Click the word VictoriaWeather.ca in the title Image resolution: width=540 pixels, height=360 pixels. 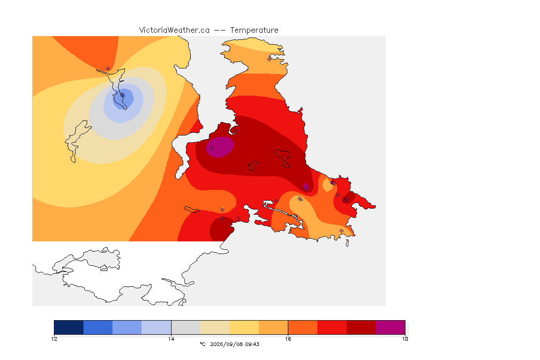point(174,30)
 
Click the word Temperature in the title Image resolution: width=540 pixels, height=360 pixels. point(254,30)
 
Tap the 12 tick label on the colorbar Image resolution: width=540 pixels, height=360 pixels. point(54,339)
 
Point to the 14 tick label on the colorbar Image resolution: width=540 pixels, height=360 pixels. point(171,339)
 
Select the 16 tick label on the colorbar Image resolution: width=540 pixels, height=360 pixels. point(288,339)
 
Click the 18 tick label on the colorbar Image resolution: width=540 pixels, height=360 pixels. point(405,339)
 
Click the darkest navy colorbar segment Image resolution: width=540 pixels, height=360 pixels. point(69,327)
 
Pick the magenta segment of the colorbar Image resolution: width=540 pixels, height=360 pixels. point(390,327)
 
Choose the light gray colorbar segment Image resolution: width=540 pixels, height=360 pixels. point(186,327)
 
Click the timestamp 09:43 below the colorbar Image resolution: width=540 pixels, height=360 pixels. point(252,344)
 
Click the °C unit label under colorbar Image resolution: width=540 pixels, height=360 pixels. point(202,344)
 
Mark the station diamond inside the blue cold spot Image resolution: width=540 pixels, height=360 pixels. point(122,95)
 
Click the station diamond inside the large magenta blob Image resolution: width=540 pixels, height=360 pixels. point(212,149)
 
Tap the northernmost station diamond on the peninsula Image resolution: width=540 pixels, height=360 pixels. point(270,59)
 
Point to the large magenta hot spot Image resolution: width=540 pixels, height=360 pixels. point(220,147)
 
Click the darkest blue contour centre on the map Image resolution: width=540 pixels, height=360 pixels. point(123,98)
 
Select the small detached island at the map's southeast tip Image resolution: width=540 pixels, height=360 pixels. point(347,243)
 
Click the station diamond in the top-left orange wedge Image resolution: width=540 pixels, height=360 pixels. point(108,69)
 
